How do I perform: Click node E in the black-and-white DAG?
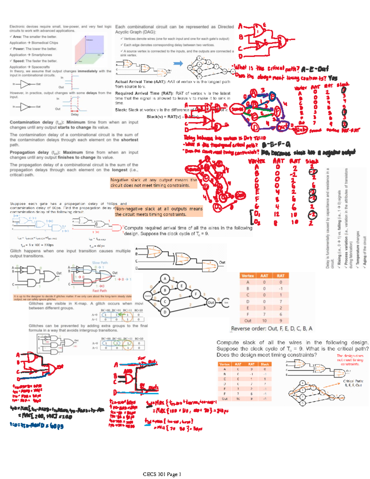click(182, 286)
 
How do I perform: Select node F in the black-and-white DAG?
click(195, 294)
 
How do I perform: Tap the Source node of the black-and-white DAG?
click(148, 296)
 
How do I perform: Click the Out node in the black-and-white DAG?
click(211, 302)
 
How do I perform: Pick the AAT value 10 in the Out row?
click(264, 321)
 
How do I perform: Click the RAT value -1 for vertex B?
click(281, 289)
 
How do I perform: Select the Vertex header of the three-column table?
click(248, 276)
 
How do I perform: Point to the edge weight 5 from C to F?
click(180, 295)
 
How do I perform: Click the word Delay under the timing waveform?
click(75, 114)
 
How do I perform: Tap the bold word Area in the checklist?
click(17, 37)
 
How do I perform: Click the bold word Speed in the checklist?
click(18, 61)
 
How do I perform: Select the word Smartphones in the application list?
click(42, 55)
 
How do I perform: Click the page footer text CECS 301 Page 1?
click(162, 474)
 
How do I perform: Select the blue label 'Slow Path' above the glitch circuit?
click(100, 263)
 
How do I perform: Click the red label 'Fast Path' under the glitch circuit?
click(100, 291)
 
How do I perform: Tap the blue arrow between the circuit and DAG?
click(178, 63)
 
